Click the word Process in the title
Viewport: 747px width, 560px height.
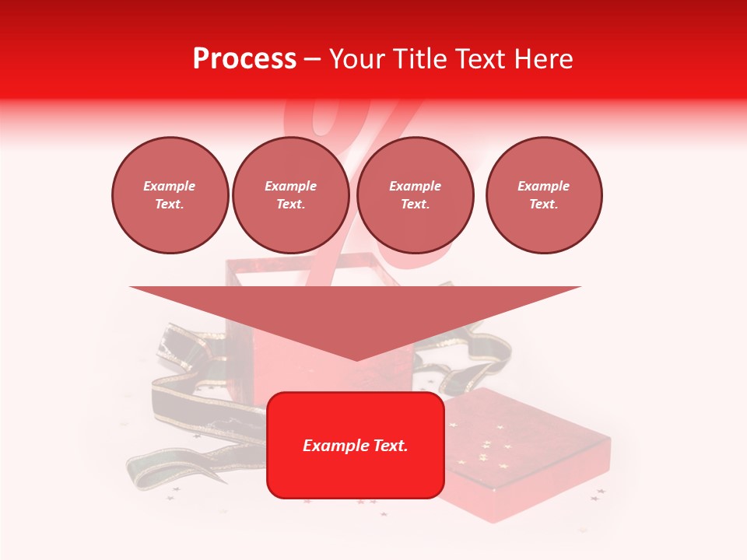[x=244, y=59]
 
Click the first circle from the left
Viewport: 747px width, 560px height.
[x=170, y=194]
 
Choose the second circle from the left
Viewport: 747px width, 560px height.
[x=291, y=194]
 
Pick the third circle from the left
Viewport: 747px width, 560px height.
[x=416, y=194]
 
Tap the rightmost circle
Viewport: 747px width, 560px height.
[x=544, y=194]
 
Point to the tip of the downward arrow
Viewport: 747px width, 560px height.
[x=356, y=359]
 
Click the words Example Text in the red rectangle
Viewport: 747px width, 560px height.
[x=356, y=446]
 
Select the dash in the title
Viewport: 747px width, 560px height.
[x=312, y=59]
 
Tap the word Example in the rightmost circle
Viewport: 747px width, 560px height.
[x=544, y=186]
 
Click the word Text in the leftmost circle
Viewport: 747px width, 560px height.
[x=170, y=204]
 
